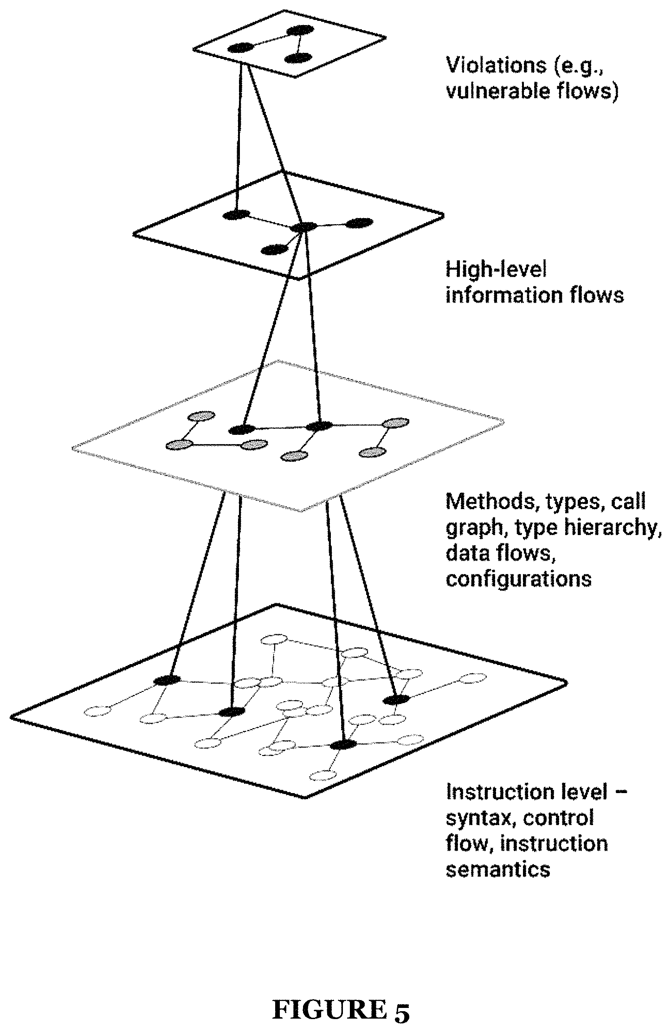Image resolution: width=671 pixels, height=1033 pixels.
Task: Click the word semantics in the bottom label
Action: [x=498, y=868]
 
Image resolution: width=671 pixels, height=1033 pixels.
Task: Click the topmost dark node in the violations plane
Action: [x=300, y=31]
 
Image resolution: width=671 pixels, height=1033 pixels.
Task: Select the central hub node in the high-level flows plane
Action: [x=304, y=227]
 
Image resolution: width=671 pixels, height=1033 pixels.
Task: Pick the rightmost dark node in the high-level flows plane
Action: [x=359, y=223]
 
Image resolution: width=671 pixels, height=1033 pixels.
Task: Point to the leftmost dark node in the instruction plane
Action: [x=168, y=680]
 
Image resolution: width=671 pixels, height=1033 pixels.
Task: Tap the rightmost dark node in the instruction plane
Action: [x=396, y=699]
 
